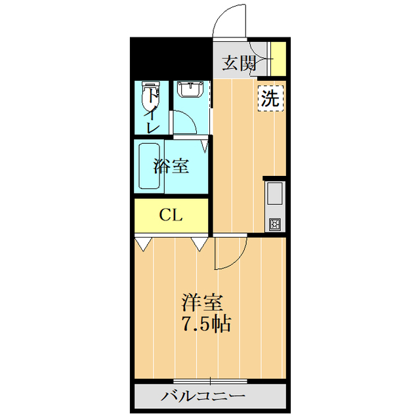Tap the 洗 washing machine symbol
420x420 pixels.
pos(270,98)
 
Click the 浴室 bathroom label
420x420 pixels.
pos(171,166)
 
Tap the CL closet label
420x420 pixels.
pos(171,215)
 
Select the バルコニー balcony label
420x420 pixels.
pos(203,396)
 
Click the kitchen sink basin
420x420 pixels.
pos(274,194)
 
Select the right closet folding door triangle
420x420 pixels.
pos(199,245)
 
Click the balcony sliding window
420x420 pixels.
pos(210,381)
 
